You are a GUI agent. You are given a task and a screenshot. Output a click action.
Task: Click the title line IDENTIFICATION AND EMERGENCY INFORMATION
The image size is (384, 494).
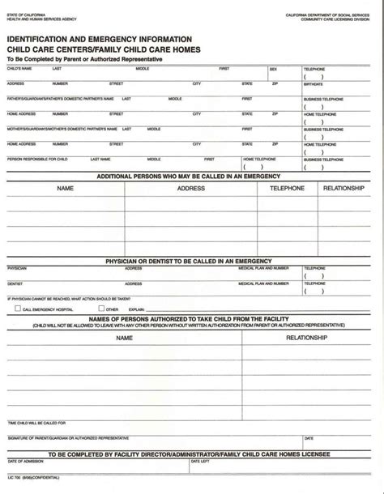(100, 38)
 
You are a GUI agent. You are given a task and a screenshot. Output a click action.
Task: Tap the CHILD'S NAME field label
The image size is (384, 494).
(19, 69)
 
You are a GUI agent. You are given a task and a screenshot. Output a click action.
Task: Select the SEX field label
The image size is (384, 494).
(273, 69)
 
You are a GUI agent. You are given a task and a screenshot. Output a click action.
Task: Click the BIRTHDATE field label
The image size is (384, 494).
(313, 84)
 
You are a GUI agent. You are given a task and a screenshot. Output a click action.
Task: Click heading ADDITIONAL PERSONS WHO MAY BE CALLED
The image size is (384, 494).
(188, 176)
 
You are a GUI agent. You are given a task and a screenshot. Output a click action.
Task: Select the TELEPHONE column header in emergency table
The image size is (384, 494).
(288, 188)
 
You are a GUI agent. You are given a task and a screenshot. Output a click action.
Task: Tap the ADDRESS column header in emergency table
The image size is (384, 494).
(191, 188)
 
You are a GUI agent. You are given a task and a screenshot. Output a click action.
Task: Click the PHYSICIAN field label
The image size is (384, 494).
(17, 268)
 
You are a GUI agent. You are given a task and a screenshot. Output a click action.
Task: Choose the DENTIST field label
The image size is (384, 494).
(15, 283)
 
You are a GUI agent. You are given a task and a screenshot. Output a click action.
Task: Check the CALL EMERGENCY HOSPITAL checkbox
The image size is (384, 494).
(18, 309)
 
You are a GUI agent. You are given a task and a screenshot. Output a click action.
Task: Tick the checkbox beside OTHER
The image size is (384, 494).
(101, 309)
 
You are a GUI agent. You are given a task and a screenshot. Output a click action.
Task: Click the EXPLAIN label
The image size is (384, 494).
(136, 309)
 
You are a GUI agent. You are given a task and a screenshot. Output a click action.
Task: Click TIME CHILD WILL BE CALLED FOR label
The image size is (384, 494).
(36, 422)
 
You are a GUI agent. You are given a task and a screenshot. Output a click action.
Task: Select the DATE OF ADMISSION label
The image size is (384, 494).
(23, 461)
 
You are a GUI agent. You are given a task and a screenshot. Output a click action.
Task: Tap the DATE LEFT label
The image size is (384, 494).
(199, 461)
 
